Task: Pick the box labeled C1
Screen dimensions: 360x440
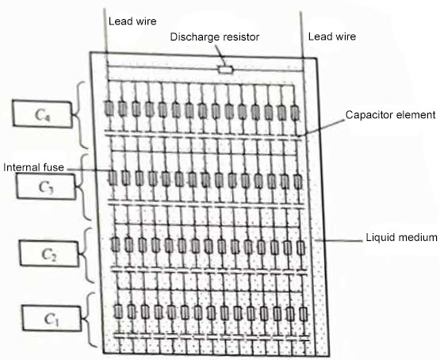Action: point(51,320)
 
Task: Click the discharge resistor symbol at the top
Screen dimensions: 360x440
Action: point(225,70)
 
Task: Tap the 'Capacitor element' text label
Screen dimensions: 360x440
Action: point(390,115)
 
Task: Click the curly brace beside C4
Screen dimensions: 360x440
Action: point(84,113)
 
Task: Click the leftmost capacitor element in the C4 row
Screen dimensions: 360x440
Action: point(109,109)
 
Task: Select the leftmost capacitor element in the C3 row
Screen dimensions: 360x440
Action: point(112,178)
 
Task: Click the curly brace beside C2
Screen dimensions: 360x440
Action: point(89,254)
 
